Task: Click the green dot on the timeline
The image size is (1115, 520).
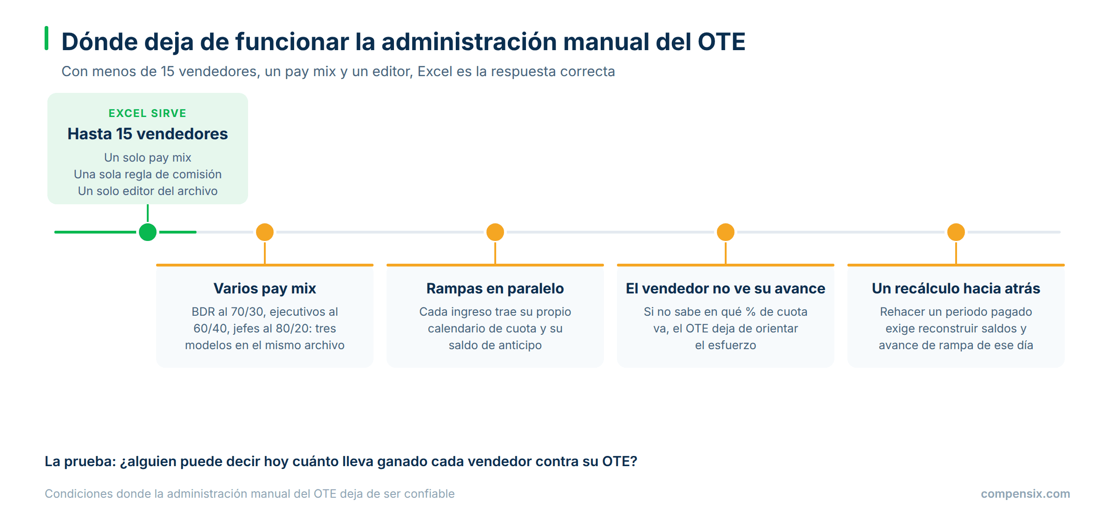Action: pyautogui.click(x=148, y=232)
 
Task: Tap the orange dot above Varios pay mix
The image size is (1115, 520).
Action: pyautogui.click(x=265, y=232)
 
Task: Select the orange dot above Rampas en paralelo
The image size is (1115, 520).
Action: pyautogui.click(x=495, y=232)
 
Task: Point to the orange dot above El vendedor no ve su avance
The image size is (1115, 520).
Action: pyautogui.click(x=726, y=232)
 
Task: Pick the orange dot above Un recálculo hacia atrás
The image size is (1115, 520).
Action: pyautogui.click(x=956, y=232)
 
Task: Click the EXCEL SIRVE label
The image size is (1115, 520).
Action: pyautogui.click(x=148, y=113)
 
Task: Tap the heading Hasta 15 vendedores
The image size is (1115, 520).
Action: pyautogui.click(x=148, y=134)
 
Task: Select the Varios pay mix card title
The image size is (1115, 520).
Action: pyautogui.click(x=265, y=288)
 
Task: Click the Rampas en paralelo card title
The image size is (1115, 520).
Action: pyautogui.click(x=495, y=288)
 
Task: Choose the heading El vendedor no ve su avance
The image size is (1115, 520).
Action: pyautogui.click(x=726, y=288)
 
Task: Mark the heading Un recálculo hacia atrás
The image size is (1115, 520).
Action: pyautogui.click(x=956, y=288)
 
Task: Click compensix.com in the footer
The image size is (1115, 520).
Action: pyautogui.click(x=1025, y=494)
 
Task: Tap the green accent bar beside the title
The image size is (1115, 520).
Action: pyautogui.click(x=46, y=38)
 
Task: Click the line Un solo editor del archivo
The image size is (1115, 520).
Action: pyautogui.click(x=148, y=191)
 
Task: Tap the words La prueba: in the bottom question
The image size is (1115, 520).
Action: pyautogui.click(x=80, y=461)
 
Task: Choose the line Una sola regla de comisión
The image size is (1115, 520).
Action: pyautogui.click(x=148, y=175)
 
